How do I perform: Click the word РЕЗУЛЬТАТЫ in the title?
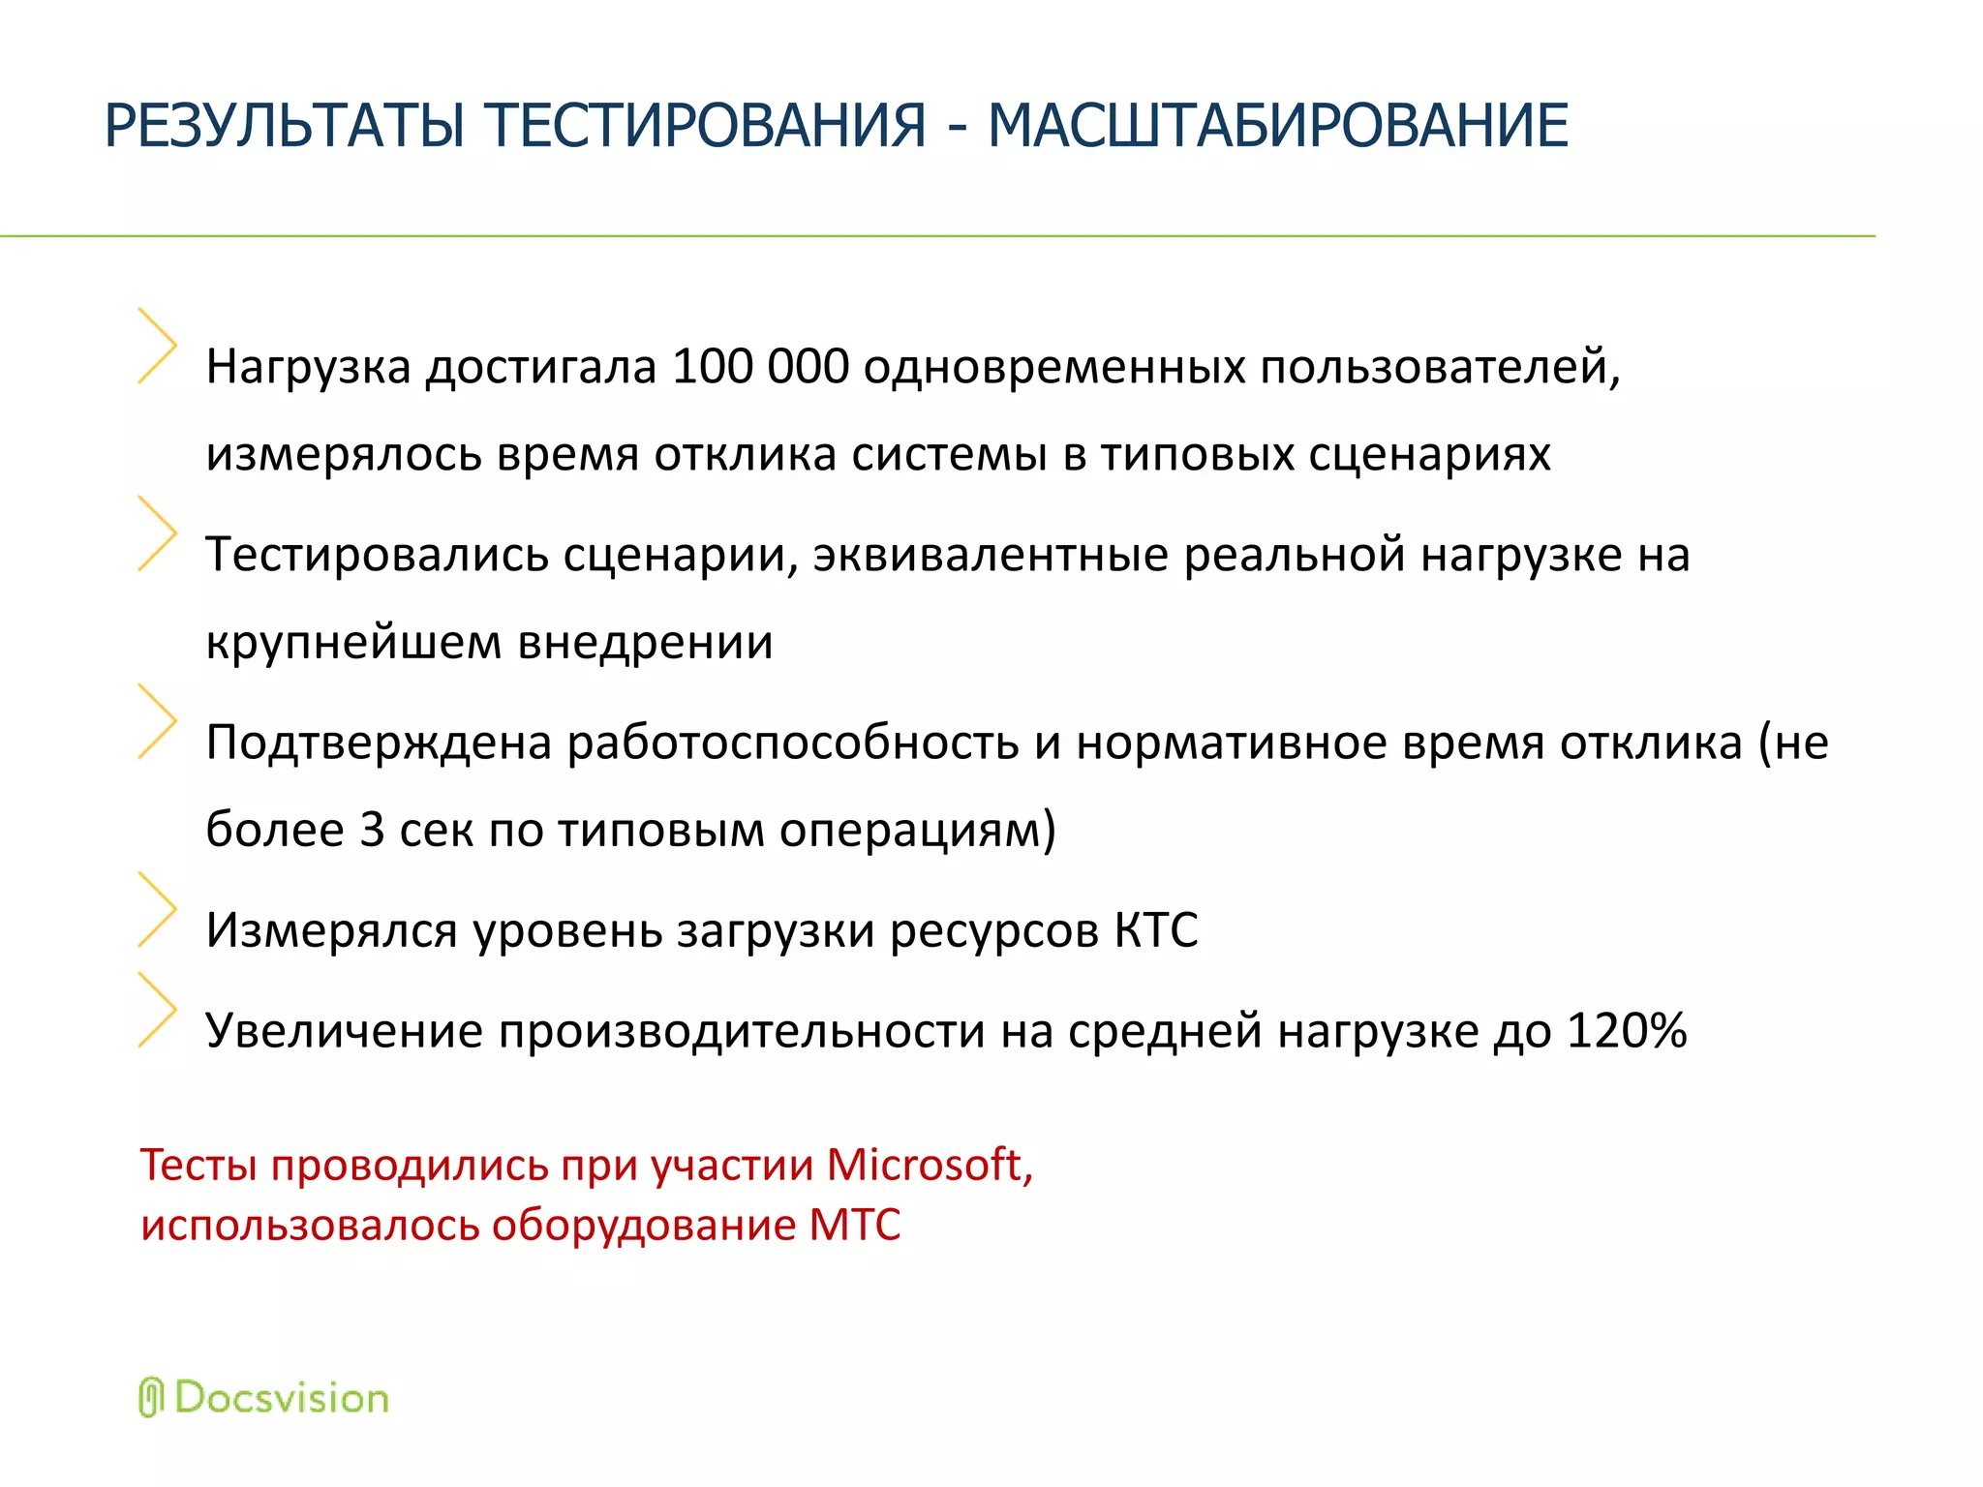(x=285, y=126)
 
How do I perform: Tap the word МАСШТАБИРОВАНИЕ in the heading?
(x=1277, y=126)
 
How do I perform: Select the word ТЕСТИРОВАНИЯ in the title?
(x=706, y=126)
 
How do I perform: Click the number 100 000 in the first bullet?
(x=760, y=367)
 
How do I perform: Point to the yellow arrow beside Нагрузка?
(x=158, y=346)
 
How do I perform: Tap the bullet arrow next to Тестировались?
(x=158, y=533)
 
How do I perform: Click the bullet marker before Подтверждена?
(x=158, y=721)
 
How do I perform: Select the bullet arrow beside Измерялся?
(x=158, y=909)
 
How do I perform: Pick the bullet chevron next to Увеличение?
(x=158, y=1010)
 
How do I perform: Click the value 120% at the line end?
(x=1627, y=1030)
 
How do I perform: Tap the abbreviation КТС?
(x=1156, y=930)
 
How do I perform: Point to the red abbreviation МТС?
(x=855, y=1225)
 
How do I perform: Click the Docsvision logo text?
(x=282, y=1399)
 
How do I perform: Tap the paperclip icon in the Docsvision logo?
(x=150, y=1398)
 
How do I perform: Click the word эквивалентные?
(x=991, y=555)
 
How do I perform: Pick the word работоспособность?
(x=792, y=743)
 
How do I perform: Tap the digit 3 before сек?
(x=372, y=830)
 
